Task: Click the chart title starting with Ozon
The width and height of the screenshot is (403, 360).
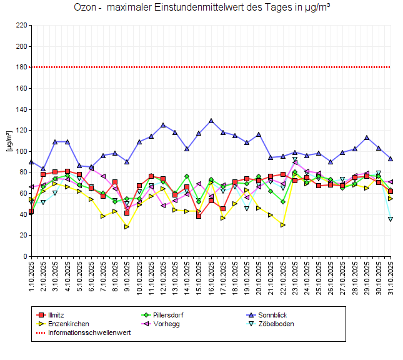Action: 201,8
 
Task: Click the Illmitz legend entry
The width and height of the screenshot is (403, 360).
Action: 60,314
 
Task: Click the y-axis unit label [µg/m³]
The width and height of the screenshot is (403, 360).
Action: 9,141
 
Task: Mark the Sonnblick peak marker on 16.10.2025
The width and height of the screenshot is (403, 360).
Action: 211,121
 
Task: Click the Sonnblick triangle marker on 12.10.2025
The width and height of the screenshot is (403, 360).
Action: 163,125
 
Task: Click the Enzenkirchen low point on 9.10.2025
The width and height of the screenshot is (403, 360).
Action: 127,227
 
